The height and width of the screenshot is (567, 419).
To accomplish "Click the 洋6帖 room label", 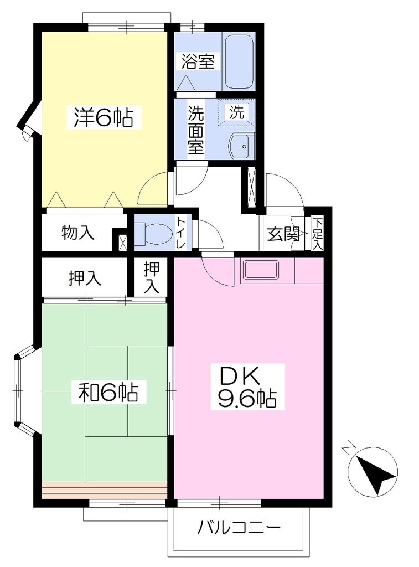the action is [x=103, y=117].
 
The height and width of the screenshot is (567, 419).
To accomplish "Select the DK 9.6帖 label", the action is [x=247, y=387].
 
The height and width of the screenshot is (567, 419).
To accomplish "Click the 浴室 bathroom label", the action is [x=198, y=61].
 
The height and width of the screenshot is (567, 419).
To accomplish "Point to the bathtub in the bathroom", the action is [x=238, y=61].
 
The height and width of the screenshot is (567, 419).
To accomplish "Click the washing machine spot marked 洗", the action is [x=237, y=112].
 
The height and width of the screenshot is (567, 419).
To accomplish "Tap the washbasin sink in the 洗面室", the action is [x=241, y=146].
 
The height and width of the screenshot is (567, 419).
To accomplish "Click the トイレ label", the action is [x=181, y=233].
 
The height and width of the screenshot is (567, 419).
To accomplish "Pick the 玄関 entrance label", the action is [x=283, y=234].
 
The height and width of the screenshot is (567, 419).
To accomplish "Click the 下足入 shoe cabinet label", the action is [x=317, y=234].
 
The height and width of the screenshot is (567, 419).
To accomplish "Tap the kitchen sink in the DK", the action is [x=261, y=270].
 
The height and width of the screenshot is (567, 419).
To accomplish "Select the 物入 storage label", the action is [x=77, y=232].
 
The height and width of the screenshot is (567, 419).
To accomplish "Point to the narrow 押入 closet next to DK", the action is [x=151, y=277].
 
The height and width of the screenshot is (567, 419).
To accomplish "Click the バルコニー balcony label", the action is [x=239, y=528].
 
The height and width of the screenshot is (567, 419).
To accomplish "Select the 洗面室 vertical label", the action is [x=196, y=130].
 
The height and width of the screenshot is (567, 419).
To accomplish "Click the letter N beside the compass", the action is [x=349, y=447].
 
